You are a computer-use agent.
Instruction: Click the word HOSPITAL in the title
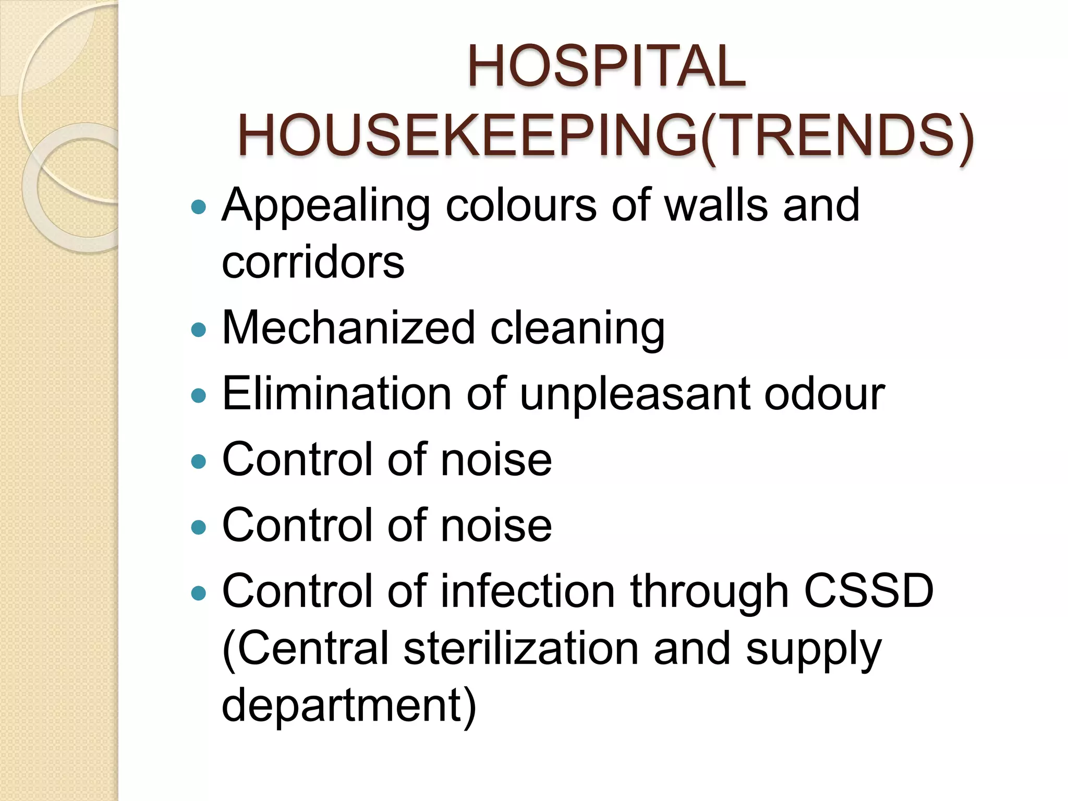[606, 66]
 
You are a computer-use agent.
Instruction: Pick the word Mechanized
[348, 328]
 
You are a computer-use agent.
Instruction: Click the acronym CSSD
[868, 591]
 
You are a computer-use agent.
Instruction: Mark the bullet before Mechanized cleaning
[199, 330]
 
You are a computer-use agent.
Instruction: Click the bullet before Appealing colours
[199, 208]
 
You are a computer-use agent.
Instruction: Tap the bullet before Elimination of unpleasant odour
[199, 395]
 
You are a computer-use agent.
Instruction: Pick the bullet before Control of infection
[199, 592]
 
